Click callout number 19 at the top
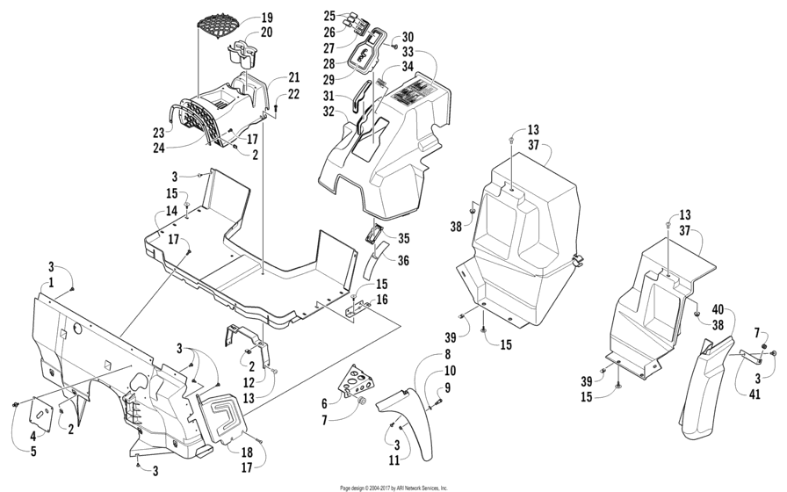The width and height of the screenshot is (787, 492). tap(267, 18)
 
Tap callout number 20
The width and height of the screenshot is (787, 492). tap(267, 33)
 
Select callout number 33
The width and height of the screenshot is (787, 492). tap(408, 51)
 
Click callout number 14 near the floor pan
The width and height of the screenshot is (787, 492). tap(172, 211)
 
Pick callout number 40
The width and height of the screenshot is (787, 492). tap(717, 309)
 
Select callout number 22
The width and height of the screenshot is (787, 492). tap(293, 94)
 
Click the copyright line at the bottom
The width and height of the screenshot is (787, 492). tap(393, 487)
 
